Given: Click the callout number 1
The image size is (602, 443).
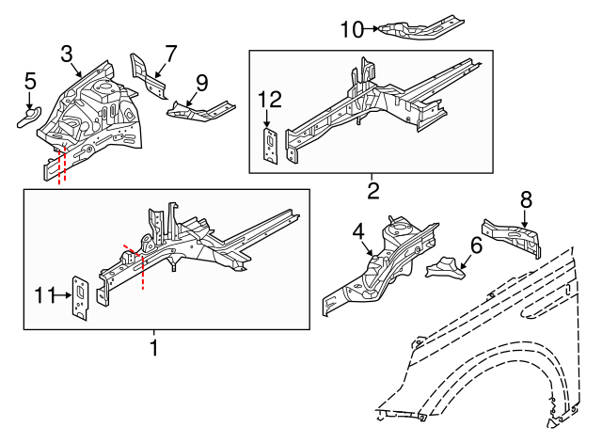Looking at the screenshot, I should tap(153, 349).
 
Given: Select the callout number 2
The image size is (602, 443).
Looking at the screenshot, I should tap(372, 192).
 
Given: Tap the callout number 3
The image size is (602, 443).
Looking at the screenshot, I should tap(67, 53).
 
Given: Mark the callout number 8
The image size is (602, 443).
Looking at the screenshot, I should tap(526, 198).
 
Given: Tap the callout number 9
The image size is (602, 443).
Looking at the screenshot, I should tap(200, 82).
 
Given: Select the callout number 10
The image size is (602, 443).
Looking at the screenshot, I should tap(351, 29).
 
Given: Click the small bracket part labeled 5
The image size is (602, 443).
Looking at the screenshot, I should tap(27, 116).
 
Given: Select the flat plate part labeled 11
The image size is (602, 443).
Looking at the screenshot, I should tap(82, 299).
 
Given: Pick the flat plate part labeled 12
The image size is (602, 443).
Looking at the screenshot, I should tap(269, 147).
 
